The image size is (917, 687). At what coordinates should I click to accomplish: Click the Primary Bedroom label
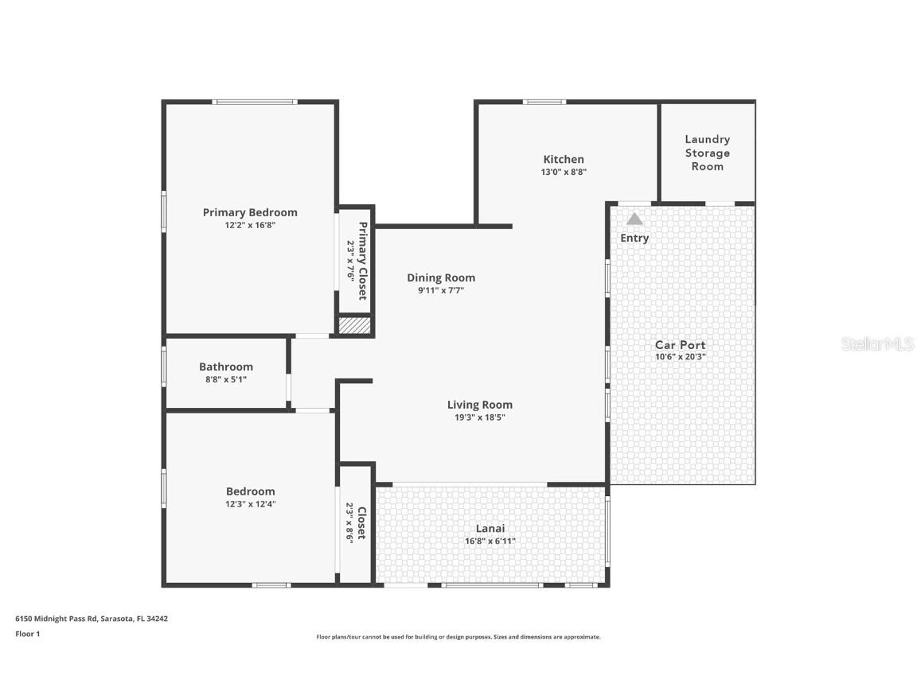(250, 212)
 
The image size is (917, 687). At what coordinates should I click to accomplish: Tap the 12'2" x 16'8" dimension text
(250, 225)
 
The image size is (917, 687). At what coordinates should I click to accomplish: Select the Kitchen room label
(564, 159)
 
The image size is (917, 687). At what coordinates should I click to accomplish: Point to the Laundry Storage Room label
(707, 153)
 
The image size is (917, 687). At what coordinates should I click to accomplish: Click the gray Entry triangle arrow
(634, 219)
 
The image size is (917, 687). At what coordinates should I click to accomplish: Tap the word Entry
(634, 238)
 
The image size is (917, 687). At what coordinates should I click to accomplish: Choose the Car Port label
(680, 344)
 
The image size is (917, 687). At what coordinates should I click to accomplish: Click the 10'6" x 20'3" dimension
(680, 357)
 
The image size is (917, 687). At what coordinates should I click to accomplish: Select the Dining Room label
(441, 278)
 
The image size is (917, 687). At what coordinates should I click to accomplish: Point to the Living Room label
(479, 404)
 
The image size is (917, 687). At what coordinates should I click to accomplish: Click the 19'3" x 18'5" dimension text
(479, 417)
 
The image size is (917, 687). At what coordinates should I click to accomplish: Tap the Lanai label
(490, 528)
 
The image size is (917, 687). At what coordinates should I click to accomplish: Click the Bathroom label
(226, 367)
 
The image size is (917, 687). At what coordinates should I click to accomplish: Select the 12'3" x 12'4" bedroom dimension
(250, 504)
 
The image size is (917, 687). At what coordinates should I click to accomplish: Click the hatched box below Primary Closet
(355, 325)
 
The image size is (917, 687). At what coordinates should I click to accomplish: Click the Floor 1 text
(27, 634)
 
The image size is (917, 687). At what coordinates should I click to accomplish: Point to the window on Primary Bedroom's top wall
(255, 102)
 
